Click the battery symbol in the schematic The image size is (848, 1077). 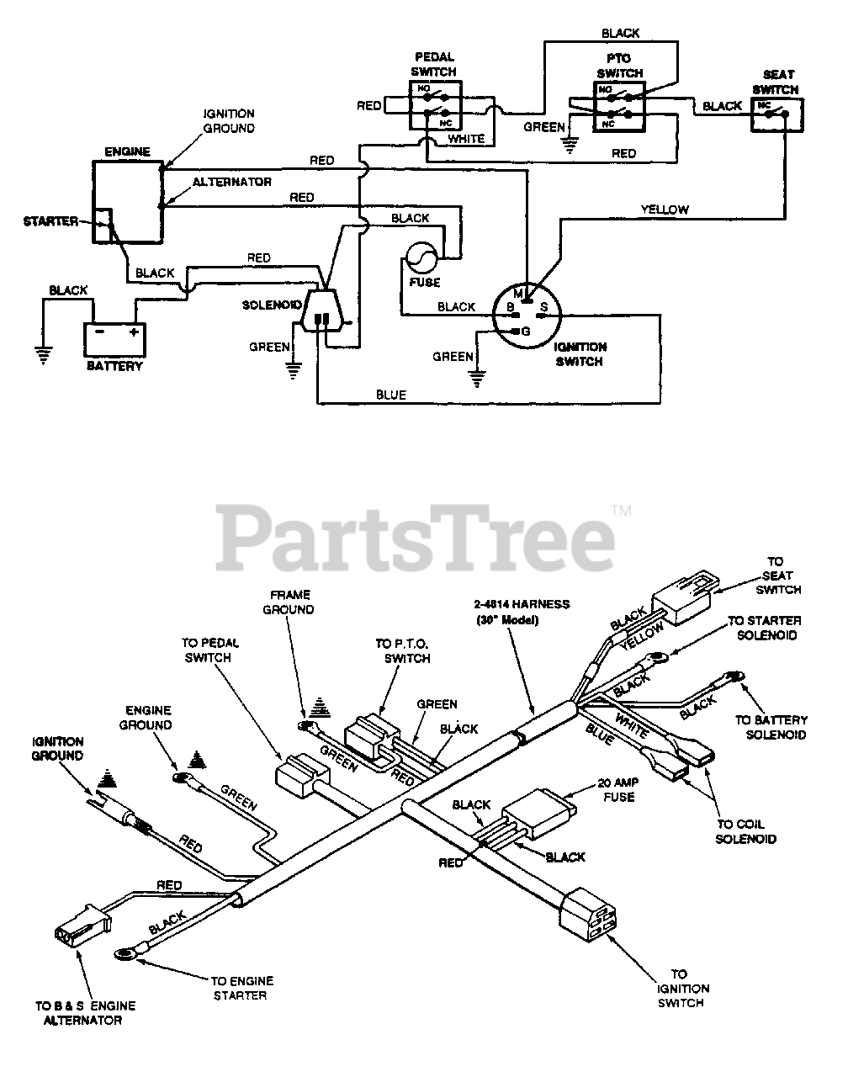click(114, 339)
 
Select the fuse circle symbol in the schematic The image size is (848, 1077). click(421, 257)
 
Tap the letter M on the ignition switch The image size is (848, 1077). click(518, 293)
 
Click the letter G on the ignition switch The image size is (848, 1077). click(526, 332)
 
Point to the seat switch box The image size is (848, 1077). click(777, 115)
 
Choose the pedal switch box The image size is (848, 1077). click(435, 106)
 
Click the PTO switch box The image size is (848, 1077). click(618, 107)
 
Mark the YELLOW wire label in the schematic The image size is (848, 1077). click(665, 210)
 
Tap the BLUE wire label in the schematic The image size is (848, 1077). click(391, 395)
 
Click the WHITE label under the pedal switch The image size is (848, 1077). click(466, 139)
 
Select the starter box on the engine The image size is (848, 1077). click(103, 225)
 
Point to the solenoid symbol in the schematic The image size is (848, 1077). click(322, 310)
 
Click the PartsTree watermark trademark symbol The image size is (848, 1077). click(621, 511)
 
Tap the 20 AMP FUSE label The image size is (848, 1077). click(618, 790)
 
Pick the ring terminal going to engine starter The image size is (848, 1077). click(124, 954)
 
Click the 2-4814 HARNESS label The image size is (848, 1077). click(522, 604)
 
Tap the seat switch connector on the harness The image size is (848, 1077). click(685, 597)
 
